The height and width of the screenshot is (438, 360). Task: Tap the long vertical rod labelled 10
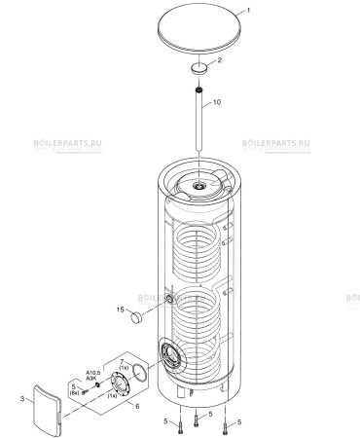pyautogui.click(x=198, y=127)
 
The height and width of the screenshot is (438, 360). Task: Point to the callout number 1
pyautogui.click(x=247, y=9)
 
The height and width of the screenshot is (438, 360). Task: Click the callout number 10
pyautogui.click(x=218, y=102)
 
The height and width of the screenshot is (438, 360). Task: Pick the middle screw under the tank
pyautogui.click(x=196, y=419)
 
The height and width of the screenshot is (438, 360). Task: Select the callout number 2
pyautogui.click(x=218, y=60)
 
